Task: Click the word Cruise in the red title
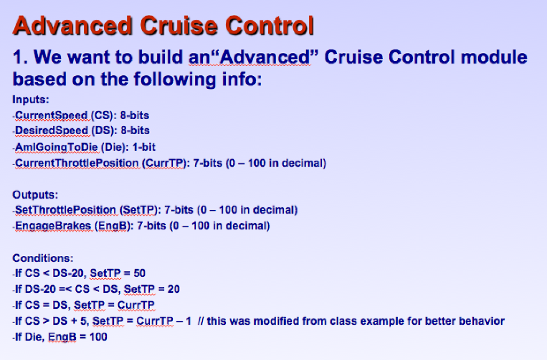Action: point(179,26)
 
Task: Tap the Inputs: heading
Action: point(31,99)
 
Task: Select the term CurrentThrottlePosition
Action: point(76,162)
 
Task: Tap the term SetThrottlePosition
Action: point(65,210)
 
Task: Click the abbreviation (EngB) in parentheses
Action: point(112,226)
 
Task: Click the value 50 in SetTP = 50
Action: point(139,273)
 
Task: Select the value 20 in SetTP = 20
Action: point(174,289)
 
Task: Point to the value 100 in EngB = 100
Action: point(99,337)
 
